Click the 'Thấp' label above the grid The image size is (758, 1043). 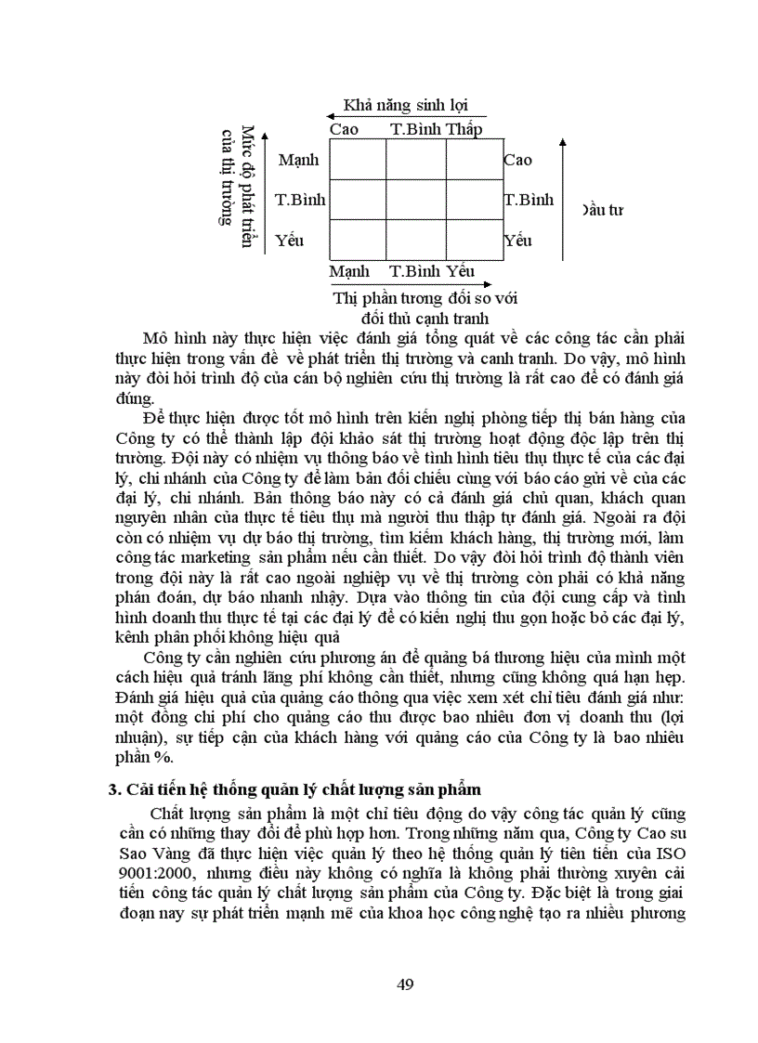(x=464, y=129)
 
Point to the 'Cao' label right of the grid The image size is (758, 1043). (x=517, y=160)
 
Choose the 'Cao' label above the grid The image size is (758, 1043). (x=344, y=129)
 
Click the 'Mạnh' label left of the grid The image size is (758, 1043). (x=297, y=160)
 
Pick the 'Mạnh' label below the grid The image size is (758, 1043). (x=349, y=271)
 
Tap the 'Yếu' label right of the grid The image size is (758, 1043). (x=517, y=241)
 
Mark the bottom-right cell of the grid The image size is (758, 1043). (x=473, y=240)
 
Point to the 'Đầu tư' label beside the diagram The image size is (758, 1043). (x=602, y=209)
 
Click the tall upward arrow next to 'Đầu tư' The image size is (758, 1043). (x=561, y=195)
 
